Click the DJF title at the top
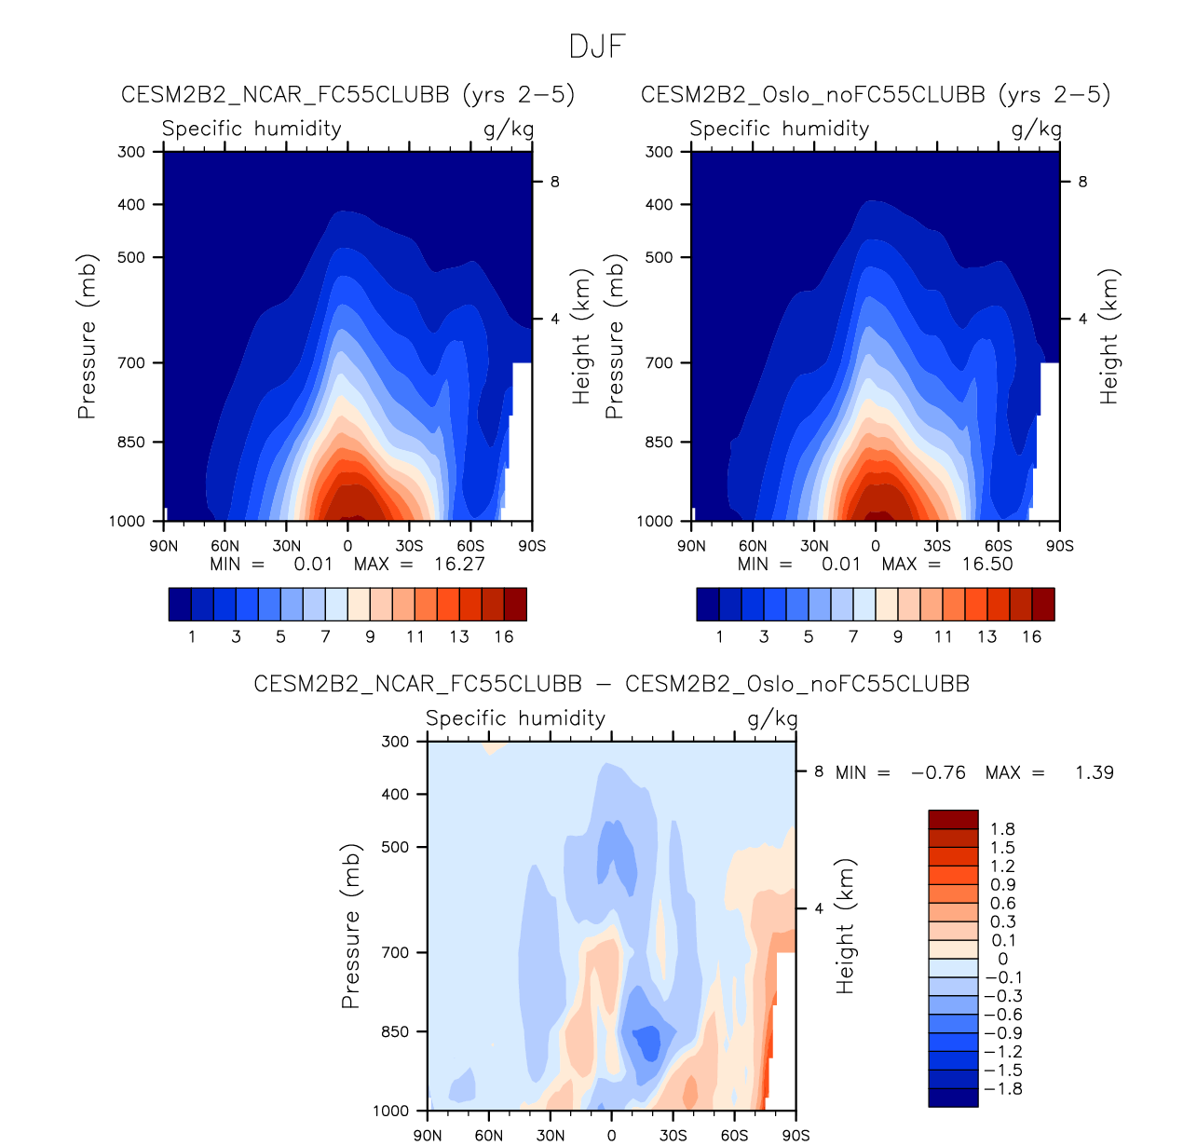(597, 47)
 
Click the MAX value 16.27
(459, 564)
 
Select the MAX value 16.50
(987, 564)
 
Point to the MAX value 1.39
(1094, 772)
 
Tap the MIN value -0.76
(938, 772)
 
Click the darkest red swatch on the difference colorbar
(953, 819)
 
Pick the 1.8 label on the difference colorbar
(1002, 829)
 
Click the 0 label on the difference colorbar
(1002, 959)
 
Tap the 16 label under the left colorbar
(504, 636)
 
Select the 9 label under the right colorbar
(898, 636)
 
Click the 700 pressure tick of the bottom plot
(397, 952)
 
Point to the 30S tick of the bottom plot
(673, 1135)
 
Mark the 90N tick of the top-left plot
(164, 546)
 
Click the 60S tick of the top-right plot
(998, 546)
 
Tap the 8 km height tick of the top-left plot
(554, 182)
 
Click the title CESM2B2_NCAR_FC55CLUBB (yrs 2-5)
(347, 94)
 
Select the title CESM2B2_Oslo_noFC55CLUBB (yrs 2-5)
(876, 94)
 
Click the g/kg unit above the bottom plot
(772, 718)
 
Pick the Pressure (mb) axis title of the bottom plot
(350, 926)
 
